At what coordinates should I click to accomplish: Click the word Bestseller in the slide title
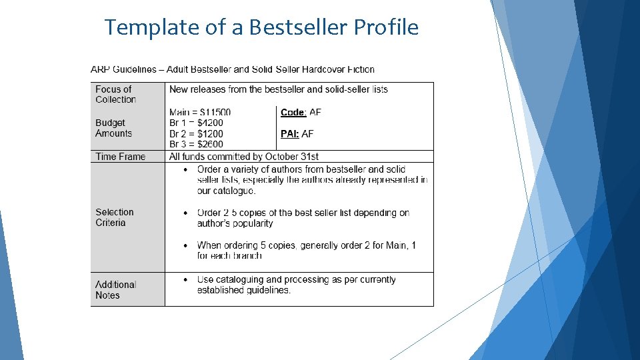coord(298,27)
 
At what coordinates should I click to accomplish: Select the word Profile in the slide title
coord(386,27)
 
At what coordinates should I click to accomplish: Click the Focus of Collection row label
coord(115,94)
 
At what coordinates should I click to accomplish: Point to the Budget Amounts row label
coord(113,128)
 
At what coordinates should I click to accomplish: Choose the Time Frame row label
coord(120,157)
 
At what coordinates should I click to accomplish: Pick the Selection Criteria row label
coord(115,217)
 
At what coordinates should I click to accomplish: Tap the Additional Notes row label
coord(115,289)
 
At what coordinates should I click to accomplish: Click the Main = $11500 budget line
coord(200,112)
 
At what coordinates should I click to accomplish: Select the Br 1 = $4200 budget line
coord(196,123)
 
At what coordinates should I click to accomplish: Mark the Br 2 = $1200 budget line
coord(196,133)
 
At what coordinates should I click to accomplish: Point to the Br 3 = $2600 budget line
coord(196,144)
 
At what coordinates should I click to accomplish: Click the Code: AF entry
coord(301,112)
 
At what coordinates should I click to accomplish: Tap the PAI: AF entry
coord(297,134)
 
